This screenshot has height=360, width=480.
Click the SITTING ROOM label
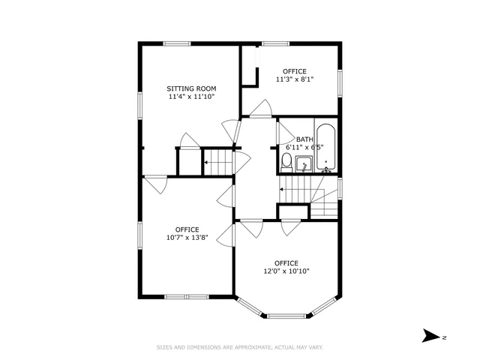click(186, 88)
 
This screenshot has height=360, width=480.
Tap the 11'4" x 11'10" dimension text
click(186, 96)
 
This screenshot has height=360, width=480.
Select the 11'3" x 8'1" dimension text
click(294, 79)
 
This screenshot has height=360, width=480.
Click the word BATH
click(304, 139)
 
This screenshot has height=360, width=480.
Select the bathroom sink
click(304, 164)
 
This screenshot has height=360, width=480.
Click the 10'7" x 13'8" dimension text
click(187, 238)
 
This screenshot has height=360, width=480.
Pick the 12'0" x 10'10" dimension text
click(280, 271)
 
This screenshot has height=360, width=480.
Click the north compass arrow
click(431, 337)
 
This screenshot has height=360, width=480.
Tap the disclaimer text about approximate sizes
click(239, 347)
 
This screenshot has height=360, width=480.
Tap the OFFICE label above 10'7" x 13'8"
click(187, 229)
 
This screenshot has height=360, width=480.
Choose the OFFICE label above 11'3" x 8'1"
click(294, 70)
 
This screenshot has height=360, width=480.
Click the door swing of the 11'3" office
click(259, 109)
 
